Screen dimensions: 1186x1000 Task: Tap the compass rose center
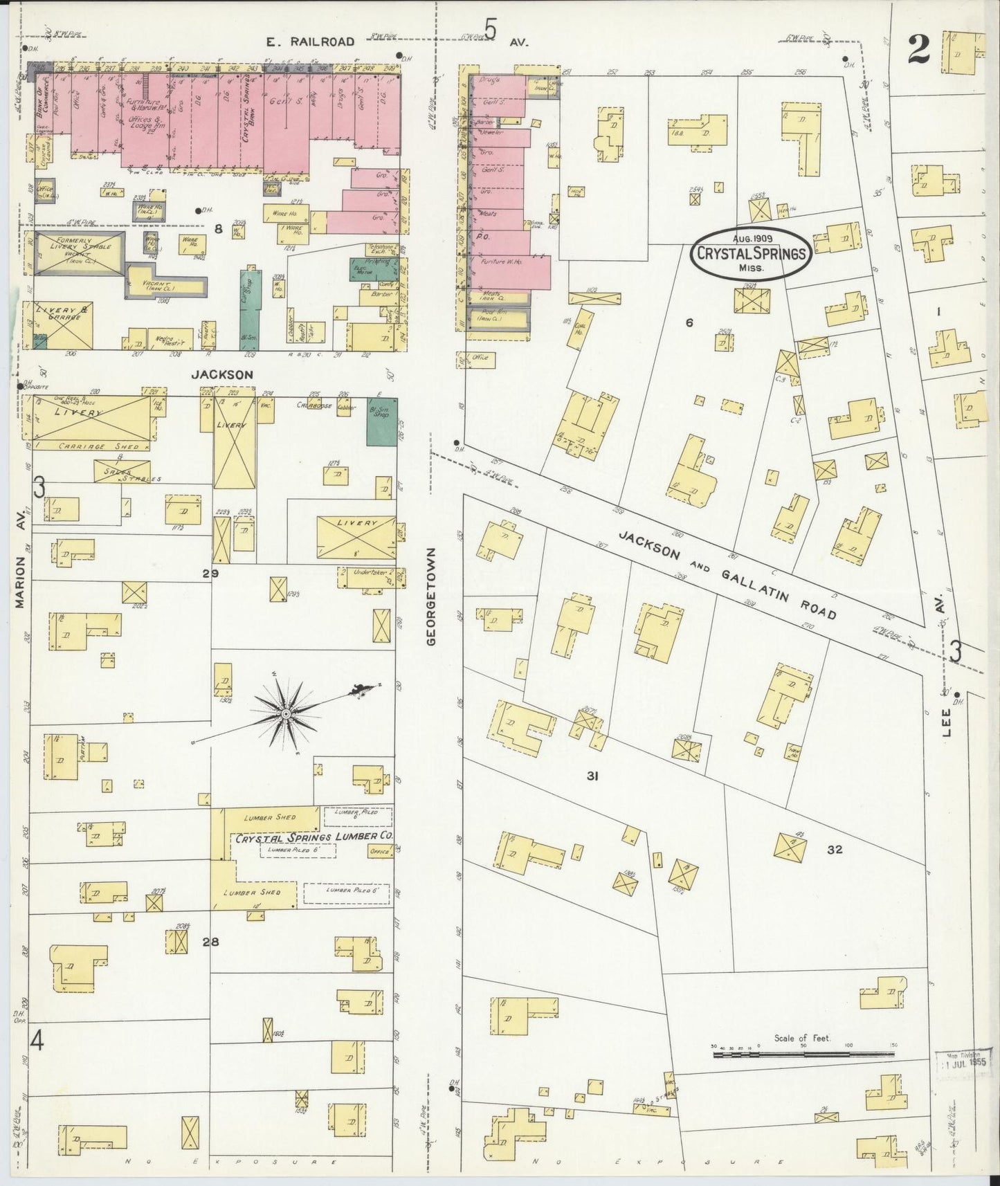tap(285, 713)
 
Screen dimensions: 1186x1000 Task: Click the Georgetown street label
tap(432, 597)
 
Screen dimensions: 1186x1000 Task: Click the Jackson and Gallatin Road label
tap(727, 575)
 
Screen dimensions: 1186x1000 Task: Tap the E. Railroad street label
tap(311, 42)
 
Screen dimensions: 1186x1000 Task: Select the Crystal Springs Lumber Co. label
tap(314, 837)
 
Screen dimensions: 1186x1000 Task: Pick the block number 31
tap(592, 776)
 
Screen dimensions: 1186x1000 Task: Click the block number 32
tap(835, 849)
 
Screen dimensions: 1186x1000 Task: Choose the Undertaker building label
tap(367, 573)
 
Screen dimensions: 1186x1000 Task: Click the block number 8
tap(218, 229)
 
